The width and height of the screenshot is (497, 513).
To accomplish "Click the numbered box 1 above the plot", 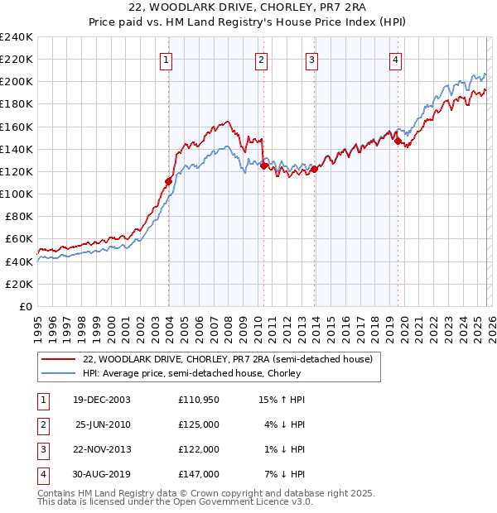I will pos(166,59).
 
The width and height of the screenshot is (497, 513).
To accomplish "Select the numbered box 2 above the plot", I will pos(261,59).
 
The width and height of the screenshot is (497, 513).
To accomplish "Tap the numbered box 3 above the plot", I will pos(311,59).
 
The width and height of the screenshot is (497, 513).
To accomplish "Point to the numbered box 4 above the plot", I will pos(396,59).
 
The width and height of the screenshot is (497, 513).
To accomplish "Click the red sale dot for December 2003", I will pos(169,181).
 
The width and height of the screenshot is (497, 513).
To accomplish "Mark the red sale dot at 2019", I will pos(398,141).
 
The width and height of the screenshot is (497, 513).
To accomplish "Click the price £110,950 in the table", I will pos(199,400).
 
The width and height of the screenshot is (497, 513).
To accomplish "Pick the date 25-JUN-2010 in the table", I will pos(103,424).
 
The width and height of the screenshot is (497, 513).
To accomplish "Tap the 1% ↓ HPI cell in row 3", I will pos(285,449).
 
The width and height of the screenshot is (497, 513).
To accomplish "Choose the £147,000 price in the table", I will pos(199,474).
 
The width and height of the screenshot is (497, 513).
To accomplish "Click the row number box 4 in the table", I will pos(41,474).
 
